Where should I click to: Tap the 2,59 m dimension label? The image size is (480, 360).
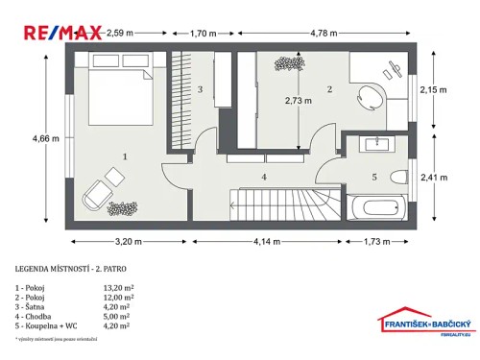tap(122, 33)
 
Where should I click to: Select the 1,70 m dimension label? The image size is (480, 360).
tap(204, 33)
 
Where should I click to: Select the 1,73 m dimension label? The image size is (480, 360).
tap(380, 241)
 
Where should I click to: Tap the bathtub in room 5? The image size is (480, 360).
tap(377, 207)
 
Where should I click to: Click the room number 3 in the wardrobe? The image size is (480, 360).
tap(200, 89)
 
